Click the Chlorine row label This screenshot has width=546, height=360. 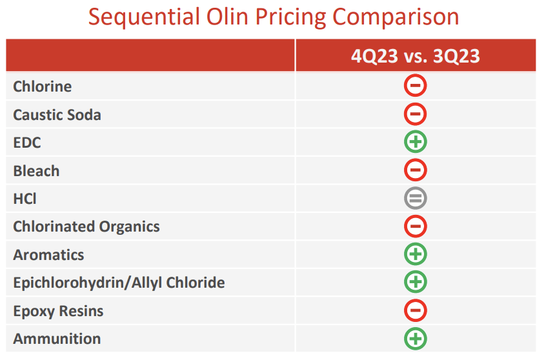(43, 86)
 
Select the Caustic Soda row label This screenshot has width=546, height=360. (57, 115)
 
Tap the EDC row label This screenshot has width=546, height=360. (27, 143)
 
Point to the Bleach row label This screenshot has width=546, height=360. (36, 171)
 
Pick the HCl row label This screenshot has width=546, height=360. (25, 199)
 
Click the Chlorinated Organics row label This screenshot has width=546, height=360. (86, 226)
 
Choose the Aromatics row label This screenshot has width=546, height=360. (48, 255)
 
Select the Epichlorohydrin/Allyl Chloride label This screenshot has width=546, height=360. (119, 283)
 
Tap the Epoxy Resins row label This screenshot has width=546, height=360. (58, 311)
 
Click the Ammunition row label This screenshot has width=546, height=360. (57, 339)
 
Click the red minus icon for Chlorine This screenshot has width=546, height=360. (416, 86)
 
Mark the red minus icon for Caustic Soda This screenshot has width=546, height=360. (416, 114)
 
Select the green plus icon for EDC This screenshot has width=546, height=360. (416, 142)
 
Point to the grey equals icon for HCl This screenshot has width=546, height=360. (416, 198)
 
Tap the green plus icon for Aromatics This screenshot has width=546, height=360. (416, 254)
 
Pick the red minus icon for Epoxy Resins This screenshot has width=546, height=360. (416, 310)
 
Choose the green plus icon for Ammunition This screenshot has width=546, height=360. (416, 338)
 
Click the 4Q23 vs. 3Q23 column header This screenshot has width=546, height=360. (416, 56)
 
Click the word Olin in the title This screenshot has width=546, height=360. (227, 17)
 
